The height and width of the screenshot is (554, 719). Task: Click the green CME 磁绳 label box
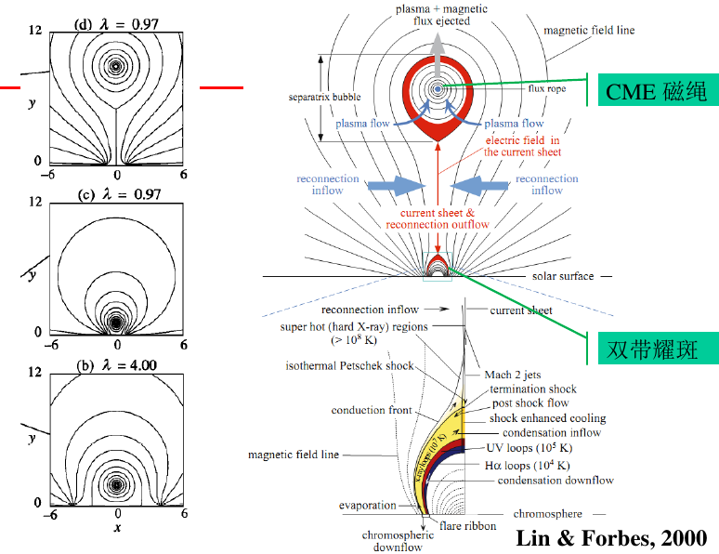(655, 90)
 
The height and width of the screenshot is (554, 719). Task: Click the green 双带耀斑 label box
(652, 349)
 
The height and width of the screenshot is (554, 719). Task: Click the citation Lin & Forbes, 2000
(611, 537)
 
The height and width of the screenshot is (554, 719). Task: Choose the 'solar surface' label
(563, 276)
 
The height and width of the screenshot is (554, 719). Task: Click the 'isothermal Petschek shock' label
(349, 366)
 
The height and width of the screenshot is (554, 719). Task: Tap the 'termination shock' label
(533, 389)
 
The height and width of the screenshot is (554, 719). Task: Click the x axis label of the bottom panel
(117, 527)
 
